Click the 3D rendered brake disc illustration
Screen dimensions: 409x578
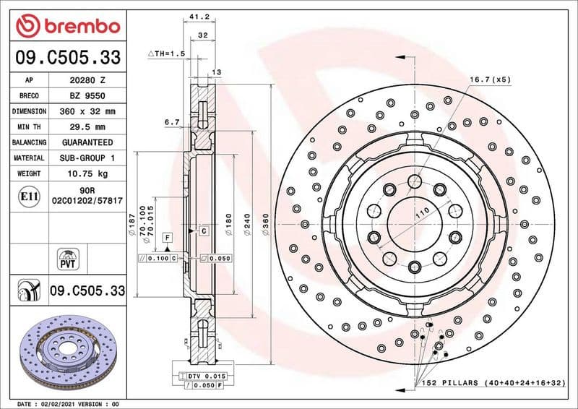tap(66, 349)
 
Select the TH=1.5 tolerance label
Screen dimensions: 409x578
tap(166, 54)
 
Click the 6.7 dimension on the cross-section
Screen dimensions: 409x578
tap(171, 123)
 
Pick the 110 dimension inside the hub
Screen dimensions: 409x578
tap(423, 210)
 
